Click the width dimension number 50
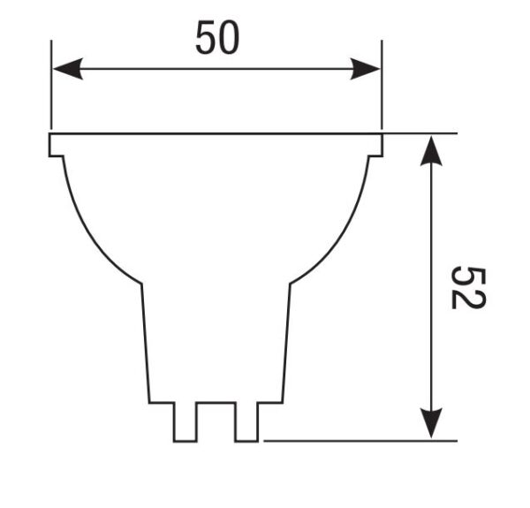pos(216,39)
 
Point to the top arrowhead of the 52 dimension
pos(430,150)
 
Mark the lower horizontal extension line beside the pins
pos(353,439)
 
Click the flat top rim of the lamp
pos(216,135)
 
